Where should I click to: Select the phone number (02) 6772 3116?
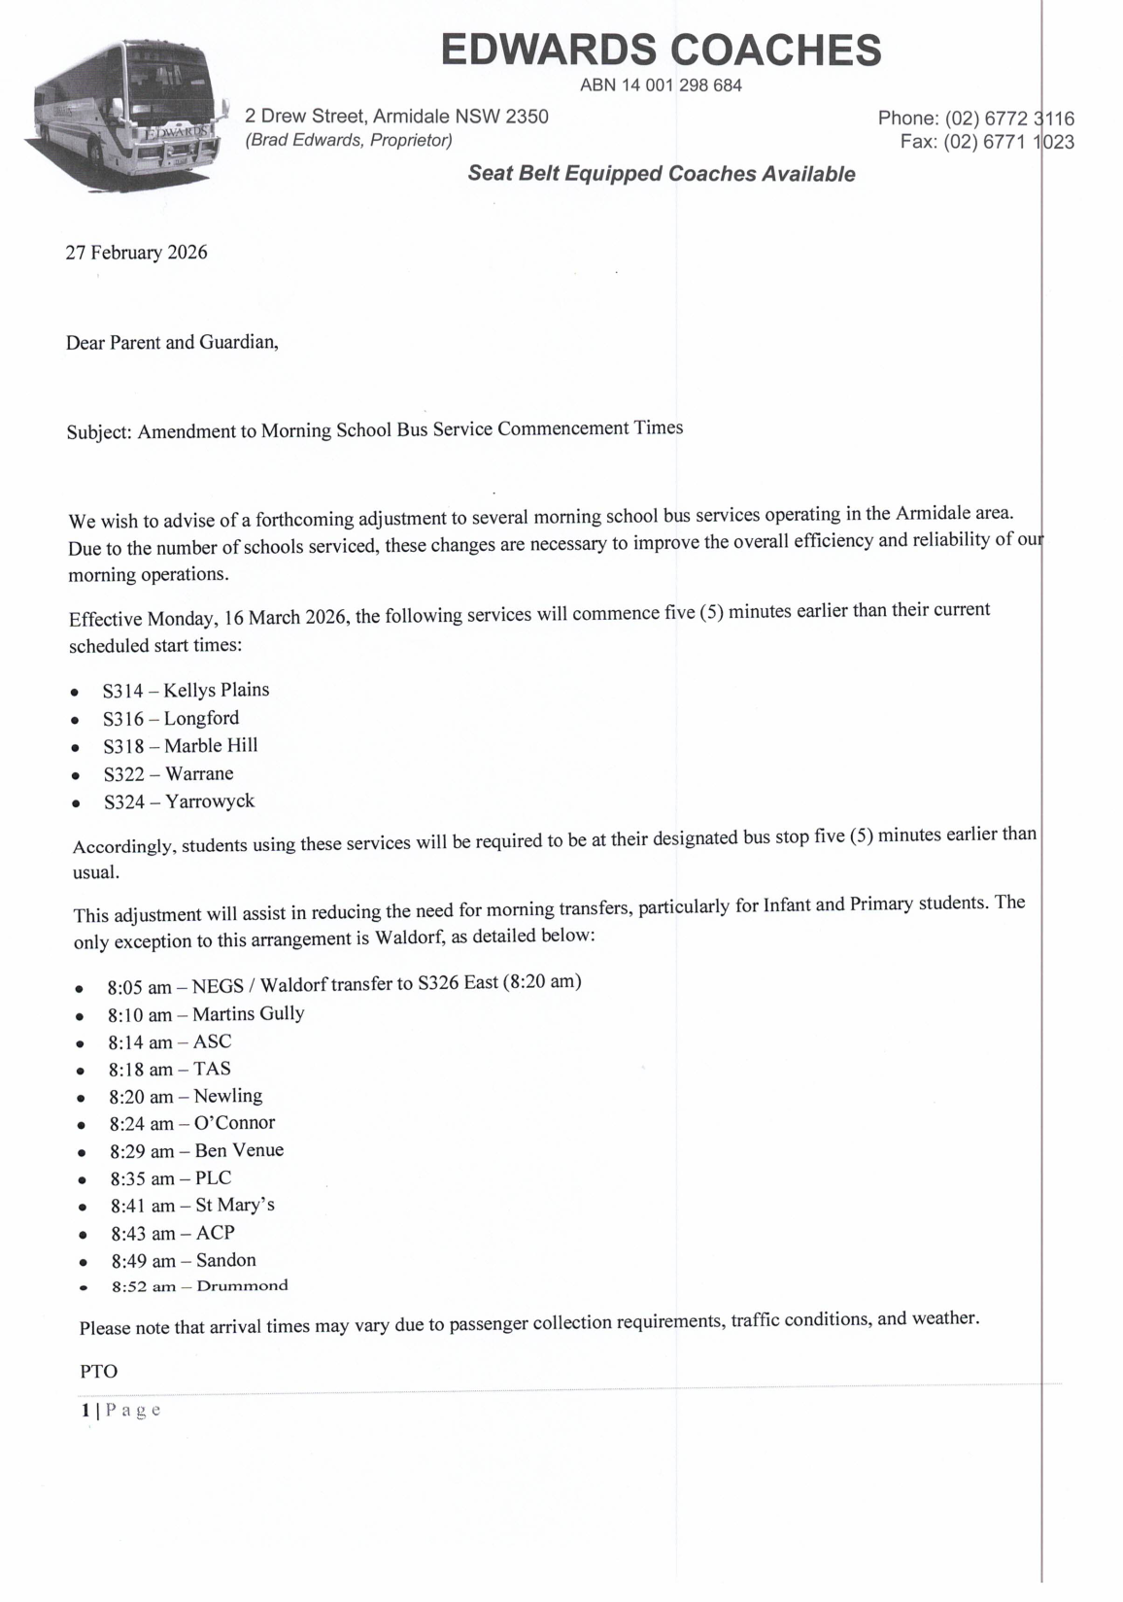1009,119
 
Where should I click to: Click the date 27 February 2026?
136,253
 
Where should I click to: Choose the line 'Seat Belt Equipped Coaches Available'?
661,174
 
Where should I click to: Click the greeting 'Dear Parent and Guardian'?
172,342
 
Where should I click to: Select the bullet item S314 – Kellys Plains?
186,691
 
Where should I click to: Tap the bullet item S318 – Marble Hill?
181,746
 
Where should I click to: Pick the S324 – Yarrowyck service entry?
179,801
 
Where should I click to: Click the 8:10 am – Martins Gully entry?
206,1014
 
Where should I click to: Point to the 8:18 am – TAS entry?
169,1070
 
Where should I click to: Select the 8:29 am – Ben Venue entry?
196,1151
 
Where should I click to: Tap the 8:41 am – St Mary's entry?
192,1206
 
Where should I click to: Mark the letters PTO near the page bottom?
98,1372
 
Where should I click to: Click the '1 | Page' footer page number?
120,1411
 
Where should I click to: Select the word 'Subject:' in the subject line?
99,431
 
